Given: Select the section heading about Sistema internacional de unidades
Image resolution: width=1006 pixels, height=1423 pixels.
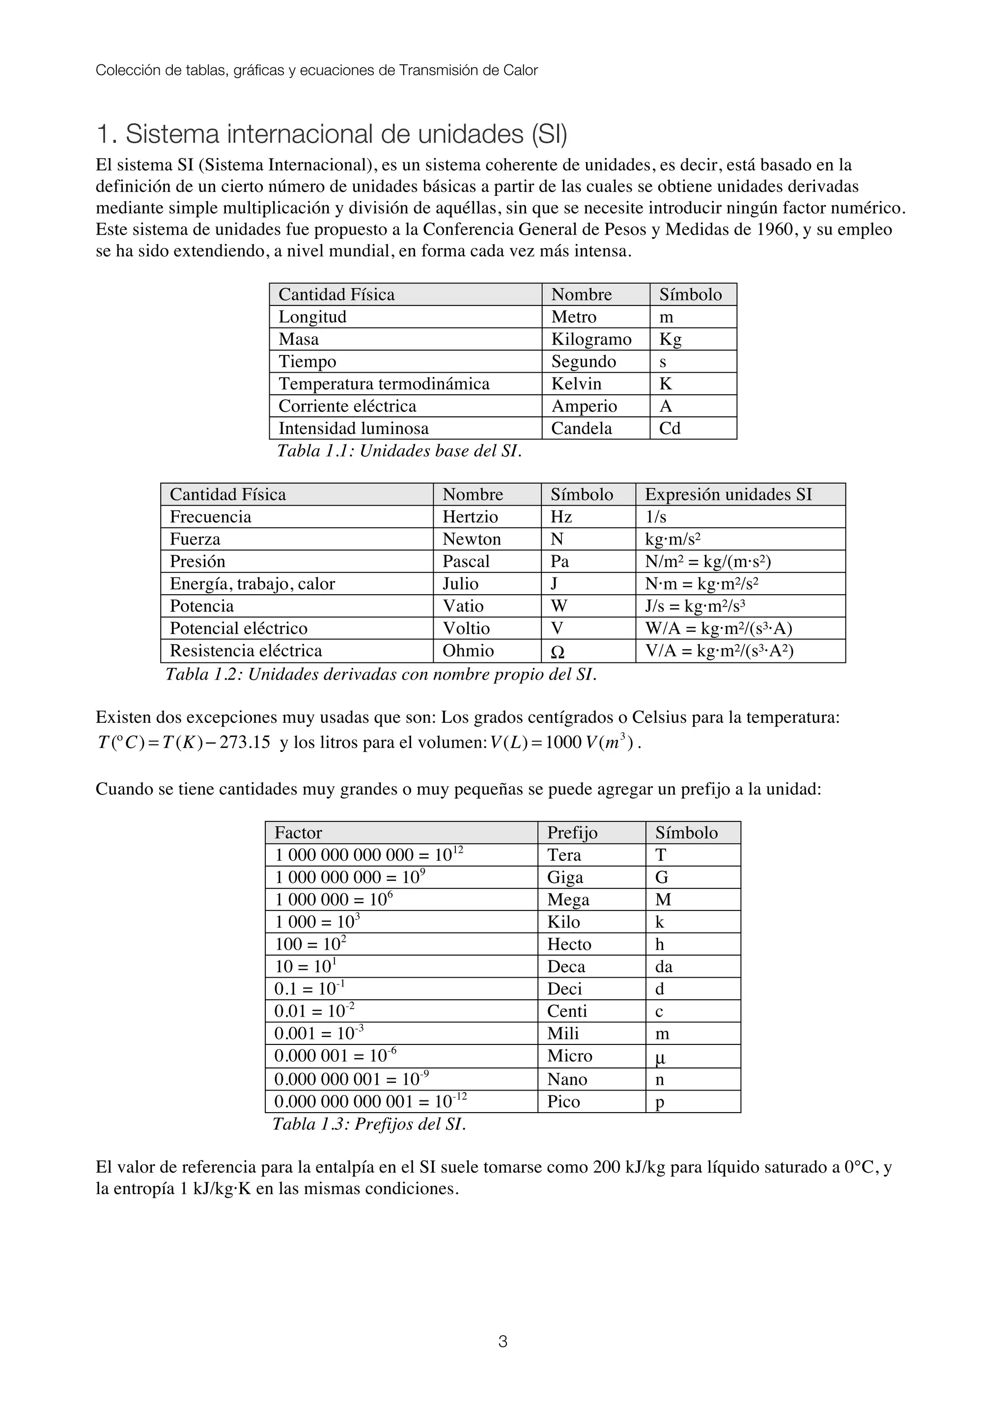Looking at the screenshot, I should click(332, 135).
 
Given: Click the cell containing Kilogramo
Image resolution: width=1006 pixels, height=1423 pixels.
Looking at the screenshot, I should click(591, 339).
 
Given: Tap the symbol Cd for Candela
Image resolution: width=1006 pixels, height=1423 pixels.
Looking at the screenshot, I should click(670, 428).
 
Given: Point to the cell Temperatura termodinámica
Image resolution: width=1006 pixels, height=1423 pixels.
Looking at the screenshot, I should click(384, 383).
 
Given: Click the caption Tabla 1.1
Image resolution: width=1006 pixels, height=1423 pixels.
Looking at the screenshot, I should click(399, 451).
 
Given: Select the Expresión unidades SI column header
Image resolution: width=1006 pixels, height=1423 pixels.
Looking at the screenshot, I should click(728, 494).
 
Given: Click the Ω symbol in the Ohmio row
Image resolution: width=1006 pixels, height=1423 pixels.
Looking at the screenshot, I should click(557, 652).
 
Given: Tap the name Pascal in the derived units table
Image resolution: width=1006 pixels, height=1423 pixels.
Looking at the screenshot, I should click(466, 562).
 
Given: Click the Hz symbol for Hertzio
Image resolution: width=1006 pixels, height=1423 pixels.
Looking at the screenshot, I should click(561, 517).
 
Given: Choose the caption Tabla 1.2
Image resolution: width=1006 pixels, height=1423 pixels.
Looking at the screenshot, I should click(381, 674).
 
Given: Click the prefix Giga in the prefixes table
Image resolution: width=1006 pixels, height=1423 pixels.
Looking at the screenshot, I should click(565, 877).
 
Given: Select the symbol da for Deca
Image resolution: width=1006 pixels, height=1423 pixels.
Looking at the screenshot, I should click(663, 967).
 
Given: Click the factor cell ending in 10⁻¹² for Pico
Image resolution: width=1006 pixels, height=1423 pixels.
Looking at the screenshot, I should click(371, 1101).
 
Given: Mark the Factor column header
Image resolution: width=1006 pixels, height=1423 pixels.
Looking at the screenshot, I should click(298, 833).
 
